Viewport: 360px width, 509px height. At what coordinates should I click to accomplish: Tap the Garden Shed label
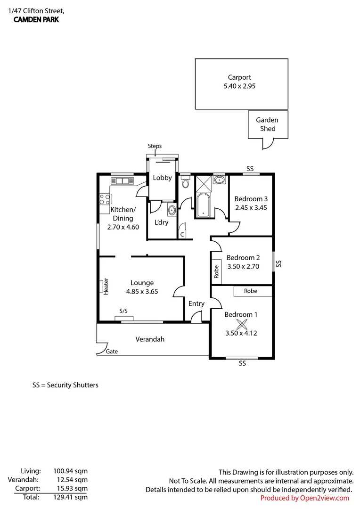click(x=267, y=124)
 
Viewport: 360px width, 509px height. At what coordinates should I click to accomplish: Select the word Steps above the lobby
click(x=155, y=146)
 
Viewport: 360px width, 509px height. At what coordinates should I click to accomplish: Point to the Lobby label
click(x=162, y=178)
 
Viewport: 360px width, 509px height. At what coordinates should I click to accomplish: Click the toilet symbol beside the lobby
click(x=186, y=181)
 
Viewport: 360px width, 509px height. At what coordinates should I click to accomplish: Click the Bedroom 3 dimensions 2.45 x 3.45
click(x=251, y=207)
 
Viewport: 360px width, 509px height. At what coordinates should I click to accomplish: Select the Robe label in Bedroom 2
click(x=217, y=272)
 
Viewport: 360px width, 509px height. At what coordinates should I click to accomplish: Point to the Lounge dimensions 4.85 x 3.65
click(x=142, y=292)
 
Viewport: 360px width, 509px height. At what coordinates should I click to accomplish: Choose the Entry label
click(x=196, y=304)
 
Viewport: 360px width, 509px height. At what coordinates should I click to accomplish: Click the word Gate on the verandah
click(x=112, y=352)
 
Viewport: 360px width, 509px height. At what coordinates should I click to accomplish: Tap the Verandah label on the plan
click(x=150, y=339)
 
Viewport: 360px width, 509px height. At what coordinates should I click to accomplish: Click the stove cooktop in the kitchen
click(x=104, y=199)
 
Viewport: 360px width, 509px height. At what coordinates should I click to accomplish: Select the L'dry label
click(x=161, y=222)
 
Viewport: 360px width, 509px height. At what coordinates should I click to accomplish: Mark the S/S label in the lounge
click(x=123, y=311)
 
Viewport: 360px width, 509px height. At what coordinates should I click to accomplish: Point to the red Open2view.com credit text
click(x=304, y=498)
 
